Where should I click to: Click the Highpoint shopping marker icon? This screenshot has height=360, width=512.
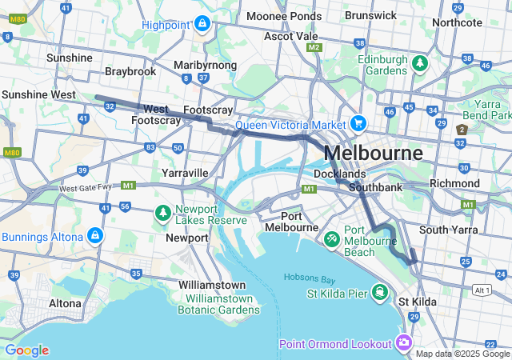click(201, 24)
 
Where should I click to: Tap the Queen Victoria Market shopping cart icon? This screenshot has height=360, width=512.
click(358, 124)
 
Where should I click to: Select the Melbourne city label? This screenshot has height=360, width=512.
click(374, 153)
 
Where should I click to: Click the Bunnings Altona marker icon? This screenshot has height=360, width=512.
click(94, 236)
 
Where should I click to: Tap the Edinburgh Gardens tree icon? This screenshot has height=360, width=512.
click(418, 62)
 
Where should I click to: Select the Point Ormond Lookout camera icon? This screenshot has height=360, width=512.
click(403, 343)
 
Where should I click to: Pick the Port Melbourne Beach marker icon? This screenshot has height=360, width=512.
click(331, 238)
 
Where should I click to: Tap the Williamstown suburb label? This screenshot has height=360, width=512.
click(212, 285)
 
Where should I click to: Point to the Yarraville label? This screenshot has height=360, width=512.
click(185, 173)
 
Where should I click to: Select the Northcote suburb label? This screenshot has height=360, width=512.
click(457, 22)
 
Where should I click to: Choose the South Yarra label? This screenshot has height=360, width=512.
click(448, 230)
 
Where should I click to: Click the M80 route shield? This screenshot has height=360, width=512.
click(10, 152)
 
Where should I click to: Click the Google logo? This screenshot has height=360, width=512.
click(26, 350)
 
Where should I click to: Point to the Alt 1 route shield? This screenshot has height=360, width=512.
click(482, 290)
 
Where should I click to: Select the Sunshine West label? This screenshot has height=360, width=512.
click(38, 94)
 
